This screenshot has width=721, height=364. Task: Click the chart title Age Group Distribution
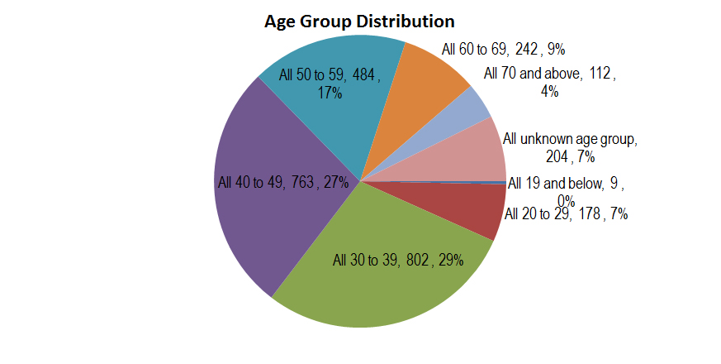click(359, 21)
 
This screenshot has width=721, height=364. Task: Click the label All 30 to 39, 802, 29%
click(398, 261)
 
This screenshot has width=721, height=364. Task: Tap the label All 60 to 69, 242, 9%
click(503, 50)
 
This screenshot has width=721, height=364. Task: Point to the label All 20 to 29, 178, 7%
click(566, 214)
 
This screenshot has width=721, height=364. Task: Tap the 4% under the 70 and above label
click(549, 92)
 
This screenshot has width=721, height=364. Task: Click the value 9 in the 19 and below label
click(614, 184)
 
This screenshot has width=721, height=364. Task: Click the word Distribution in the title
click(405, 21)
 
